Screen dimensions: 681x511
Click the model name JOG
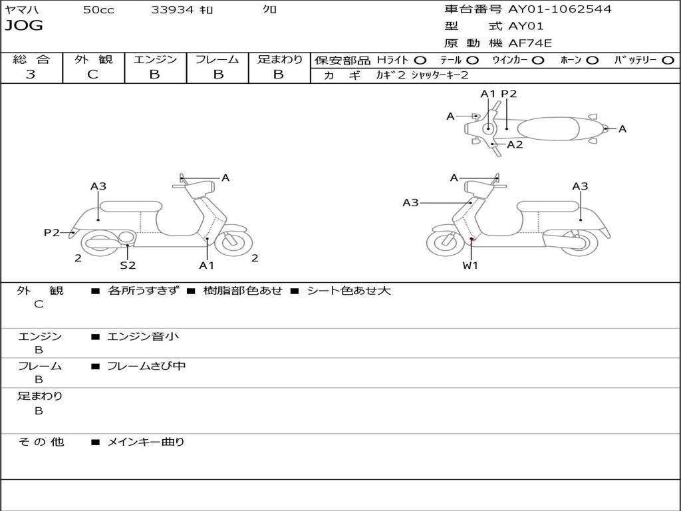(24, 26)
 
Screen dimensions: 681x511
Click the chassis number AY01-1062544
(560, 9)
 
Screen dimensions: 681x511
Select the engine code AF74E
(530, 43)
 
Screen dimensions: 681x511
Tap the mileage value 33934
(172, 9)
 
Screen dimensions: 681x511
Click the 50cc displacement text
(98, 9)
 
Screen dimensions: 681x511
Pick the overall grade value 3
(31, 74)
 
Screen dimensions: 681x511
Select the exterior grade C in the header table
(92, 74)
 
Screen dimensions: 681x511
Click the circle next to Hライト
(420, 61)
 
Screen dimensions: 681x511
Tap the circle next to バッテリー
(668, 61)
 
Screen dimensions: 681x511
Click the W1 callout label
(470, 265)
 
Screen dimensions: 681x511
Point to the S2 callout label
(128, 265)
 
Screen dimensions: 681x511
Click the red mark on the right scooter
(474, 240)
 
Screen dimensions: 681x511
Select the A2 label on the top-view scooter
(515, 144)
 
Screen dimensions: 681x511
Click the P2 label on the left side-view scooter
(52, 232)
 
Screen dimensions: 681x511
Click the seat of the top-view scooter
(548, 129)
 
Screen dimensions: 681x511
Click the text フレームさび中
(146, 366)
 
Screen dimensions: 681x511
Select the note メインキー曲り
(146, 442)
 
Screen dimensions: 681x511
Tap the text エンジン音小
(143, 336)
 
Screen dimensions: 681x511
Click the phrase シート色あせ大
(348, 290)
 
